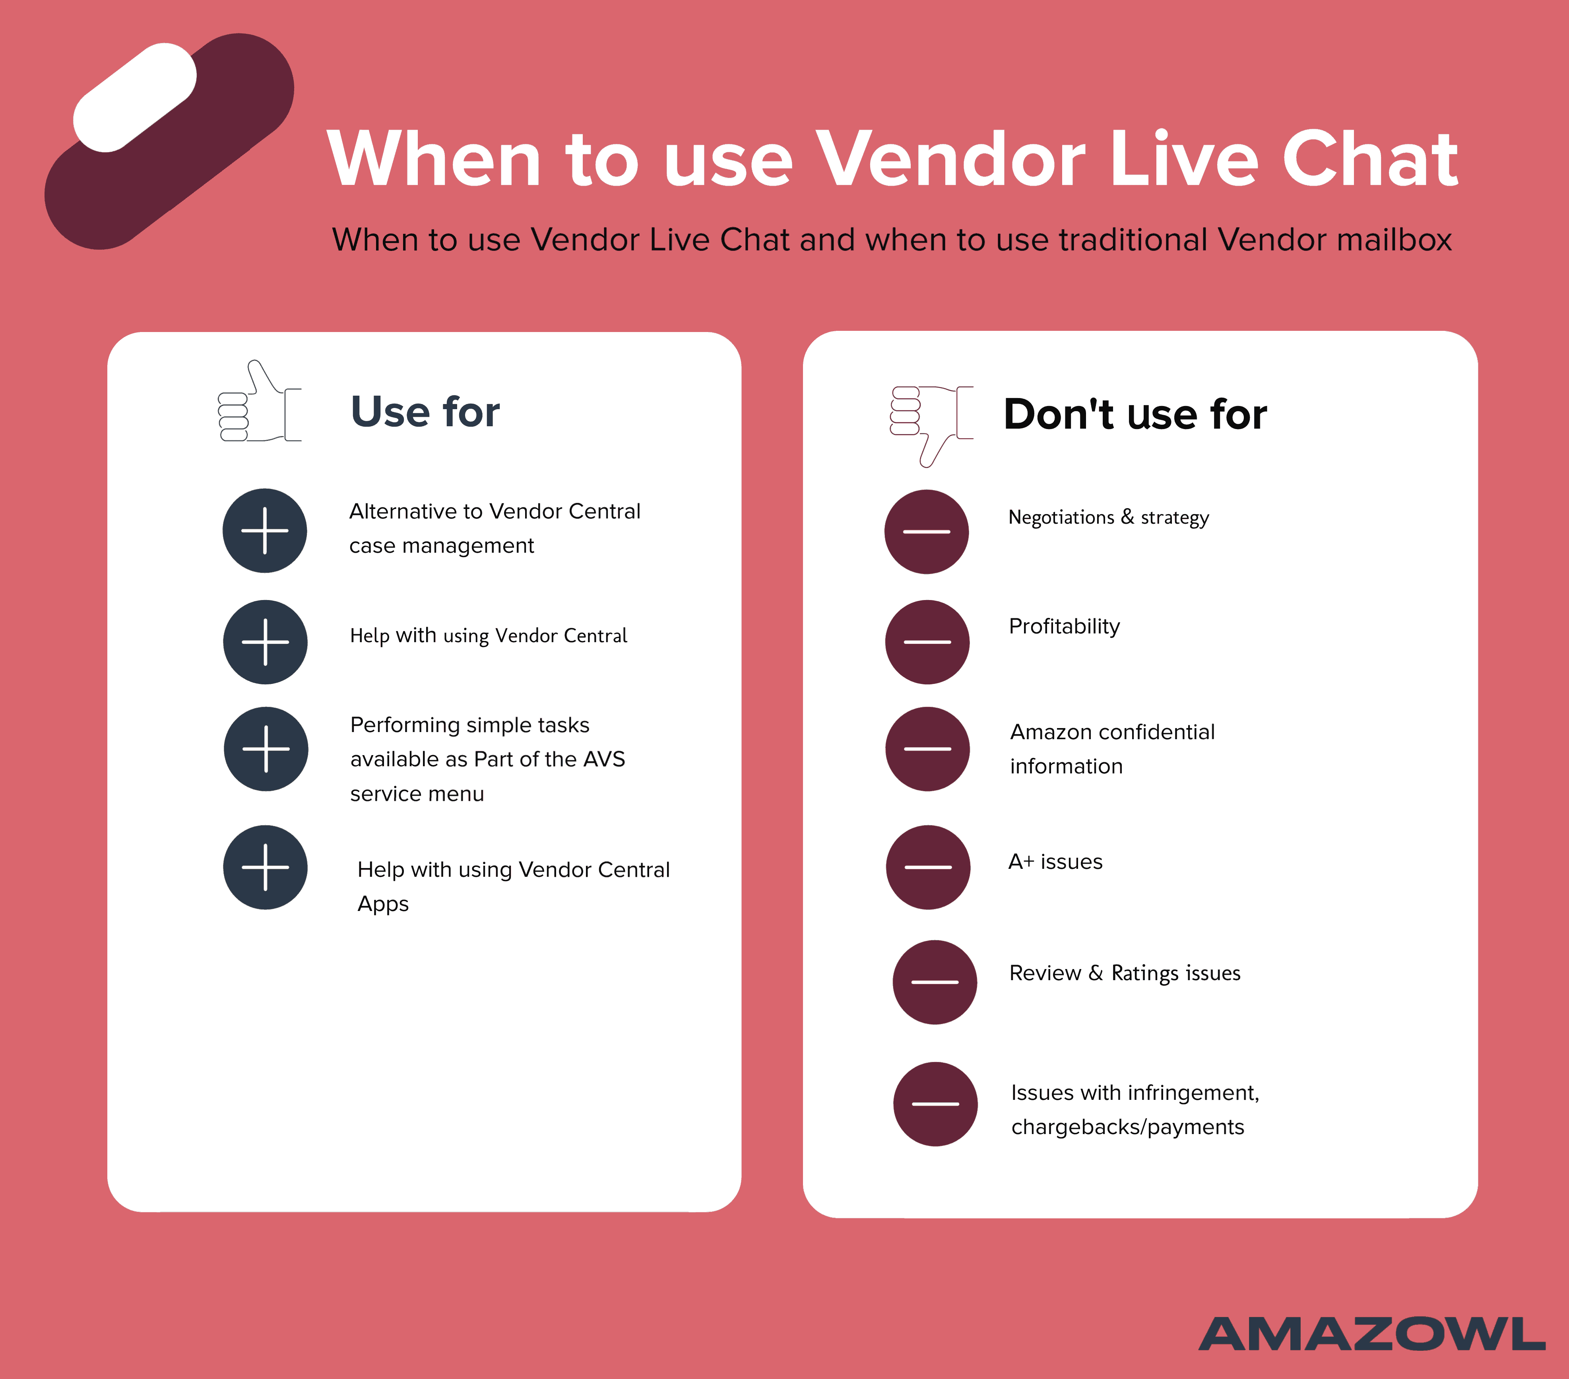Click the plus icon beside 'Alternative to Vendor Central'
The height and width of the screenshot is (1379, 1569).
(265, 530)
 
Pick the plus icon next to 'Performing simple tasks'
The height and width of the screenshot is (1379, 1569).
(266, 749)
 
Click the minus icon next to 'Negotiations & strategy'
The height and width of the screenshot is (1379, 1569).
(927, 531)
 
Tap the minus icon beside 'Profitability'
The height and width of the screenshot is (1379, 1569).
(927, 642)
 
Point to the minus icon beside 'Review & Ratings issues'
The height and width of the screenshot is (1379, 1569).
(935, 982)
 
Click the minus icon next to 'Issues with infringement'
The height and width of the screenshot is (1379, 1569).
(935, 1104)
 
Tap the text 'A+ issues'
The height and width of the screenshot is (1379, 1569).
(1055, 862)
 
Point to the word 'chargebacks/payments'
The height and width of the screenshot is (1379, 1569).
(1128, 1127)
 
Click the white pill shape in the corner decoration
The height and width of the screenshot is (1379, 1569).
(135, 97)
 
